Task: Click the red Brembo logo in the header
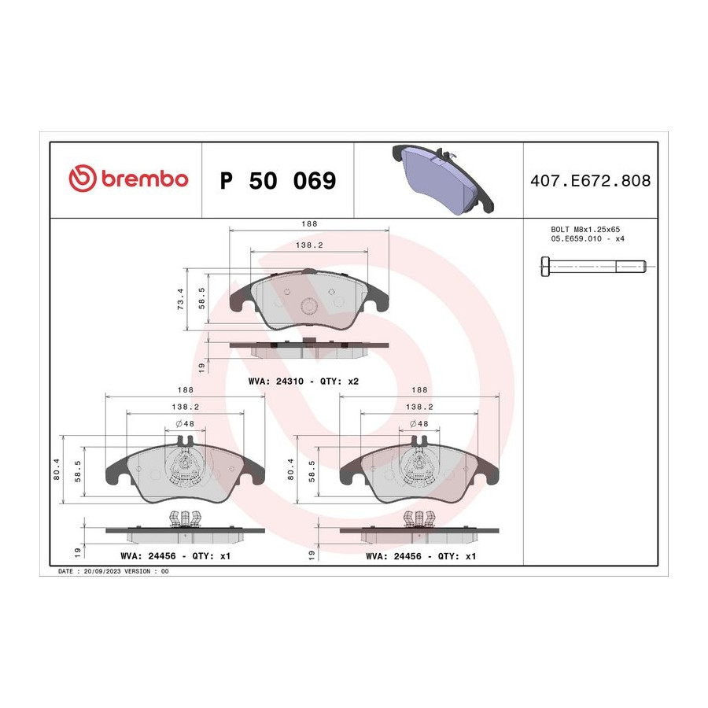[128, 179]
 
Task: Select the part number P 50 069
[278, 181]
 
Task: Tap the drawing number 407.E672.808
[590, 181]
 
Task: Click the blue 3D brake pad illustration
[442, 179]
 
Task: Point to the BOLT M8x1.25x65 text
[585, 230]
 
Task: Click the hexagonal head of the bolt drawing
[545, 267]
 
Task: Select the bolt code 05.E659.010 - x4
[588, 238]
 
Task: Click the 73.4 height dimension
[181, 299]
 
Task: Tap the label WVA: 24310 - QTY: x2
[304, 381]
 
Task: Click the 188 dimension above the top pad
[309, 223]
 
